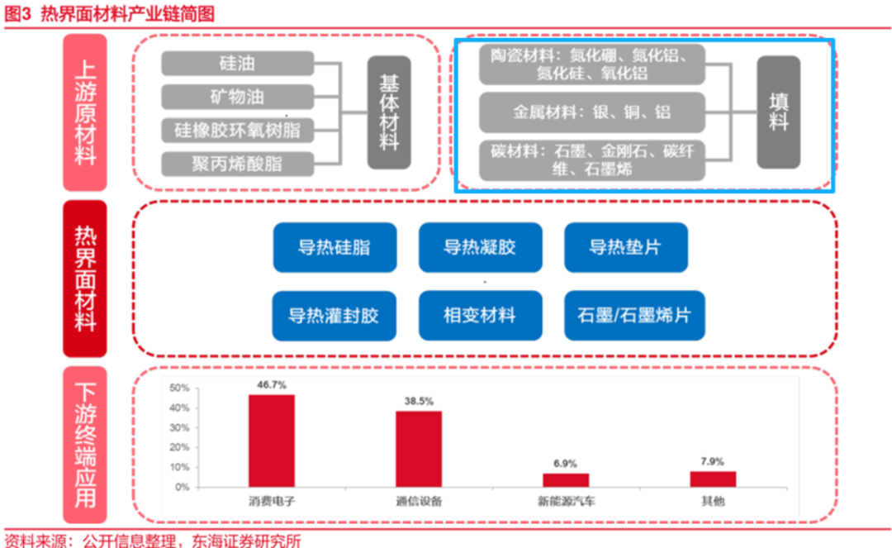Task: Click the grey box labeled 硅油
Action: click(x=238, y=64)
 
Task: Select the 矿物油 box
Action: click(x=238, y=97)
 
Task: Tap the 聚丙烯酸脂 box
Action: click(x=238, y=164)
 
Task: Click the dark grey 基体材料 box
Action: click(x=389, y=113)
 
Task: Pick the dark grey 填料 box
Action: click(x=778, y=112)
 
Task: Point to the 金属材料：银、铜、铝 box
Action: click(x=592, y=112)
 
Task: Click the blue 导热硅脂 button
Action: click(x=334, y=247)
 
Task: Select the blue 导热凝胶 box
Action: click(x=480, y=247)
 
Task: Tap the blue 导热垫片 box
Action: click(x=625, y=247)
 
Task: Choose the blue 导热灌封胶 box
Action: click(x=334, y=315)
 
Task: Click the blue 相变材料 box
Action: click(x=480, y=315)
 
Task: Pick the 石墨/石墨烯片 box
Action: click(x=634, y=315)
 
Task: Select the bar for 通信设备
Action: click(x=419, y=449)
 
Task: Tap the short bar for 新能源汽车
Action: click(x=566, y=480)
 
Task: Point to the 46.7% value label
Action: click(x=272, y=385)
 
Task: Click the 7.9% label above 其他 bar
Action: click(x=713, y=462)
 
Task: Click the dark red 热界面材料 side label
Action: click(x=85, y=279)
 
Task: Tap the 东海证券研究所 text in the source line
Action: click(x=245, y=541)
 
